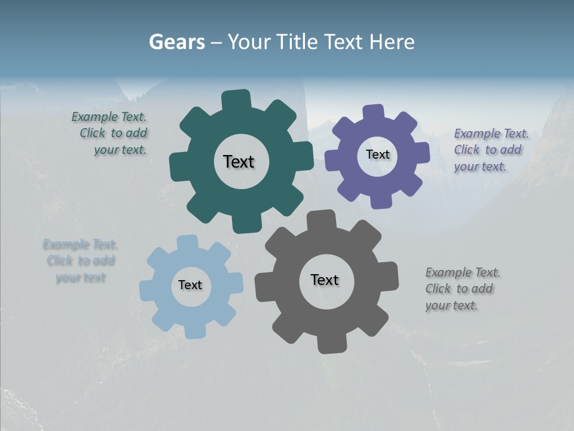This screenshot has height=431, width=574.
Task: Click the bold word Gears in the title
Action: click(177, 42)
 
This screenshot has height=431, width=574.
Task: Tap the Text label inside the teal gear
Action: click(239, 162)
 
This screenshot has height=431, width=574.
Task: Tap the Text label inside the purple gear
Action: click(377, 154)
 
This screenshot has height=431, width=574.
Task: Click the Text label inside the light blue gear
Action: click(190, 285)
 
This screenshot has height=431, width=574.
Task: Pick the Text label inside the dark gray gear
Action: click(325, 280)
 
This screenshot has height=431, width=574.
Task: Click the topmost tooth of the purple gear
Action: click(374, 113)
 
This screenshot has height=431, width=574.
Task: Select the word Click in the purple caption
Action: click(467, 150)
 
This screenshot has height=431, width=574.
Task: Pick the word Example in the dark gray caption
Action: click(448, 272)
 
